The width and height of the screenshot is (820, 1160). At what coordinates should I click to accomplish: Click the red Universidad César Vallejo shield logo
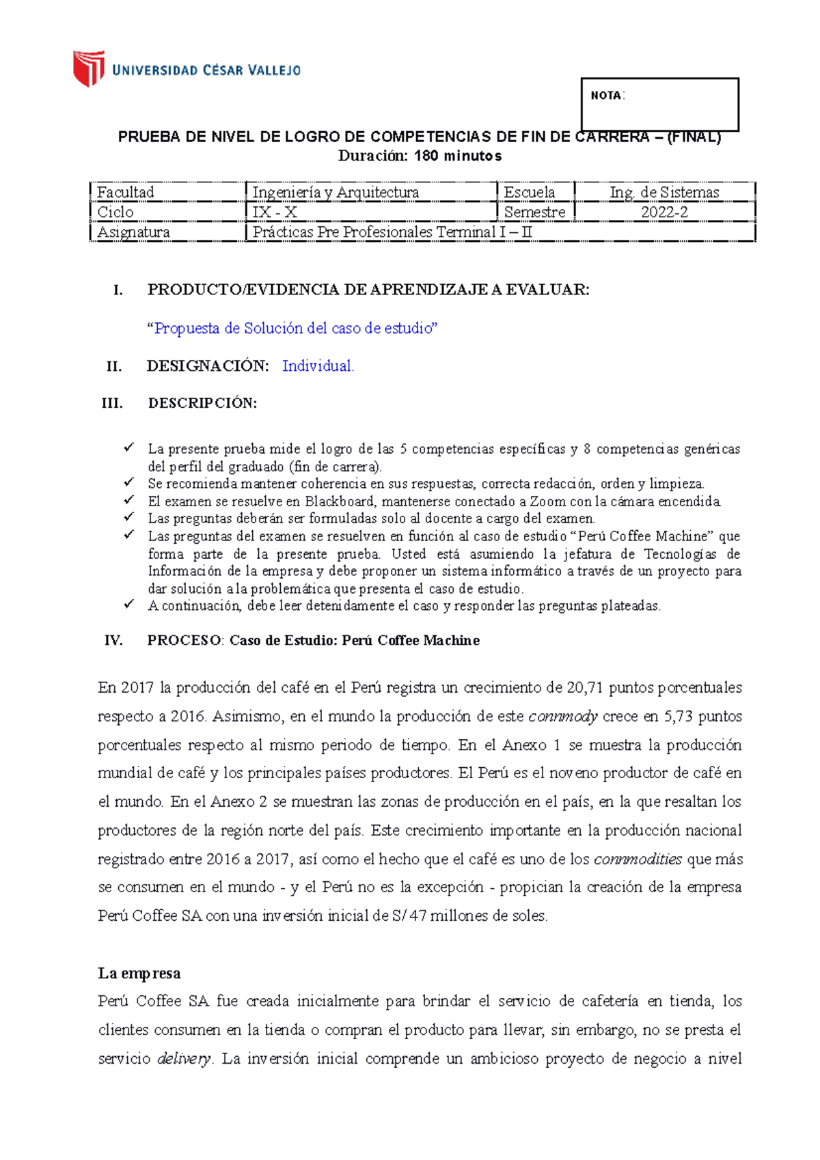pos(89,68)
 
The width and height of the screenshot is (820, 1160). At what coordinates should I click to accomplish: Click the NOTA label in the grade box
pos(606,96)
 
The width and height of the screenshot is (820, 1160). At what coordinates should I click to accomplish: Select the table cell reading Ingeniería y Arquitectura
pos(336,193)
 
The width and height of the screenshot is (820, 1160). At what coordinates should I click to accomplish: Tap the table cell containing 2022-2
pos(664,212)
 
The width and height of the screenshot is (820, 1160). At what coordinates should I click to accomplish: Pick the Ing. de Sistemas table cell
pos(664,193)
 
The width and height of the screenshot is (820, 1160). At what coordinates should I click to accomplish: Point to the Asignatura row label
pos(133,232)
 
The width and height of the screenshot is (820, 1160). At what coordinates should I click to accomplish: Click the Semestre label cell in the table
pos(534,212)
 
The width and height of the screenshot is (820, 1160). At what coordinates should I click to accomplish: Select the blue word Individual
pos(318,366)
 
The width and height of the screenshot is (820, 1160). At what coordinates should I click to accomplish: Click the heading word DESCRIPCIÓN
pos(202,403)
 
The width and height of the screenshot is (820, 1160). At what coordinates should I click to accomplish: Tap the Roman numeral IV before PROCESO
pos(113,641)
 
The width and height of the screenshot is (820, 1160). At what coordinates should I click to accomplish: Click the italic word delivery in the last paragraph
pos(184,1059)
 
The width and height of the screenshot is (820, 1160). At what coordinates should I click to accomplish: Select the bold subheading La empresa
pos(139,973)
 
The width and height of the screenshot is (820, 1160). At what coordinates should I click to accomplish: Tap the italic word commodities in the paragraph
pos(638,859)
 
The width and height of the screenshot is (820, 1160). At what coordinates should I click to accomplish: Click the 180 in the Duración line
pos(426,156)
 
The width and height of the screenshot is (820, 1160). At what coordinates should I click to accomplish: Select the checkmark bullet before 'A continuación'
pos(128,605)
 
